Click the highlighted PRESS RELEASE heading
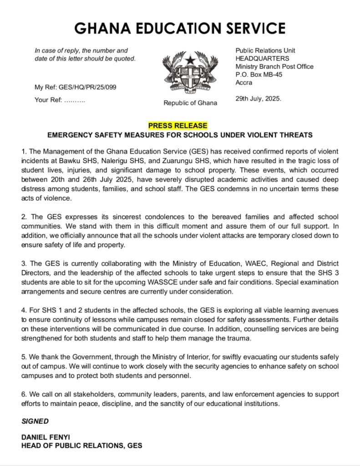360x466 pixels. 177,126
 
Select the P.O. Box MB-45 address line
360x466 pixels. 259,75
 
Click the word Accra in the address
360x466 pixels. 244,83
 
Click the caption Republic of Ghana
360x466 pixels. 190,103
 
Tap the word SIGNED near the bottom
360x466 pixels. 35,421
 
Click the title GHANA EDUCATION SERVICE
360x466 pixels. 180,28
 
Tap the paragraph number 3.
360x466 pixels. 24,264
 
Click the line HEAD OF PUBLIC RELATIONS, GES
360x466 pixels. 81,446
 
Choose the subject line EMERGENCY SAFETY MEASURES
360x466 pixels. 180,135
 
